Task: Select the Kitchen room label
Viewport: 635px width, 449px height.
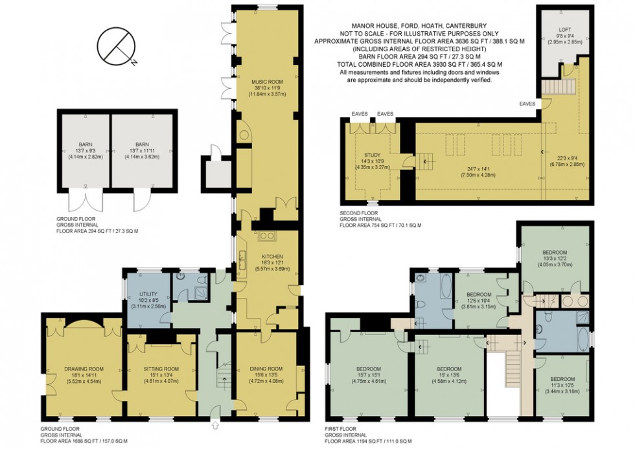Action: tap(267, 238)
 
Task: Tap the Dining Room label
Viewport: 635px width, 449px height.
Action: tap(267, 369)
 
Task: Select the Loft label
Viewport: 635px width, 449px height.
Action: tap(565, 30)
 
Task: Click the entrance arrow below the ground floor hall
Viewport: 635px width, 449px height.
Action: tap(215, 426)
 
